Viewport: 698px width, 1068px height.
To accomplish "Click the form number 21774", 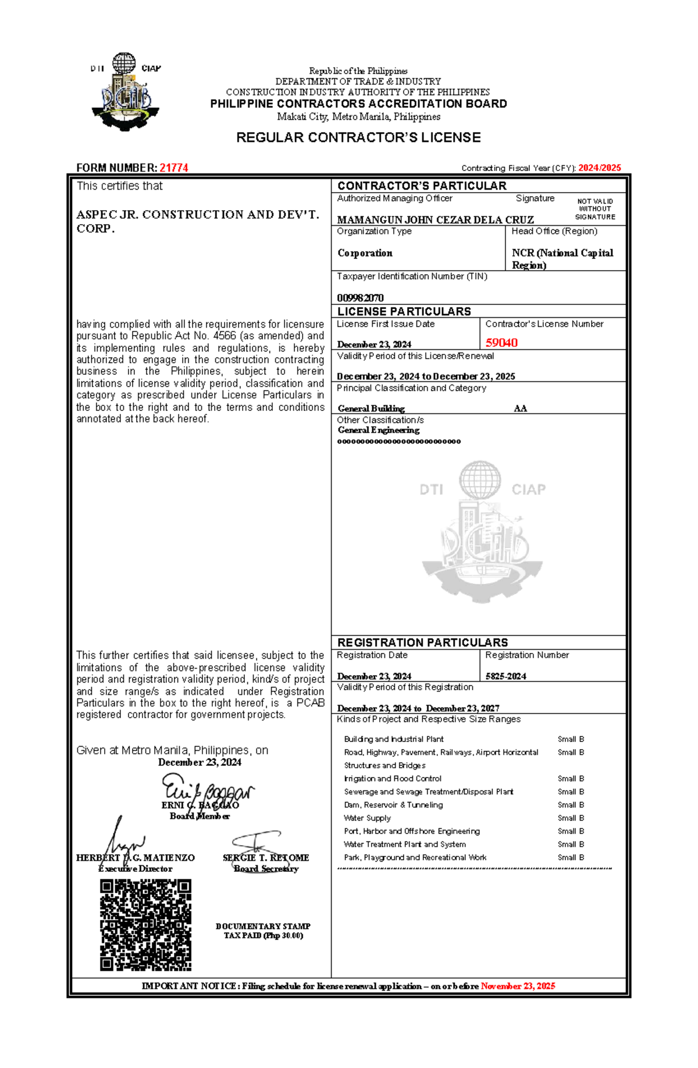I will (x=173, y=168).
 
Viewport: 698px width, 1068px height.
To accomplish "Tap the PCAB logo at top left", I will (x=125, y=92).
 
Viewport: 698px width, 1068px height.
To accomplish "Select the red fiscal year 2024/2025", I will (x=599, y=168).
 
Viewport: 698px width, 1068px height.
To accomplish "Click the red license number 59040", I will (x=501, y=343).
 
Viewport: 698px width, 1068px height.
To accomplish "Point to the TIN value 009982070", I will (x=360, y=298).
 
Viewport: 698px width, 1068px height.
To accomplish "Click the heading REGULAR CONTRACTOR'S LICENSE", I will (x=358, y=137).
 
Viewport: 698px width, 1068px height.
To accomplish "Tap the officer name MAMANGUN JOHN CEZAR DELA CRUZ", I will (x=435, y=220).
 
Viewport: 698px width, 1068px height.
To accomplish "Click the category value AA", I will (x=520, y=409).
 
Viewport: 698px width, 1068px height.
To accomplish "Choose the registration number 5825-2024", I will (x=505, y=676).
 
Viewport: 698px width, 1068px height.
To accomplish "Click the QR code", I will (x=145, y=925).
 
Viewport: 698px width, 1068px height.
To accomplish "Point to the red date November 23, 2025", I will (x=518, y=986).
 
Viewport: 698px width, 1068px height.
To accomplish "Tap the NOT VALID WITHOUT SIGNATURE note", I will (x=595, y=209).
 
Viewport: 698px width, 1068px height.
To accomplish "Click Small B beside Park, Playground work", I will (x=571, y=857).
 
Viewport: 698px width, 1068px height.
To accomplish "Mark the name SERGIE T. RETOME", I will (x=266, y=857).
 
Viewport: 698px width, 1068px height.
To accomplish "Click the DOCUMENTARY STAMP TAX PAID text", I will (x=263, y=931).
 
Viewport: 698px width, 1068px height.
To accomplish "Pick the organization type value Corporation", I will (x=365, y=253).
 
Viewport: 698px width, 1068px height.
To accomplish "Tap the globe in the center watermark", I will (x=479, y=480).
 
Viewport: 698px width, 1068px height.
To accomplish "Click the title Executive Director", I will (x=136, y=868).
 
